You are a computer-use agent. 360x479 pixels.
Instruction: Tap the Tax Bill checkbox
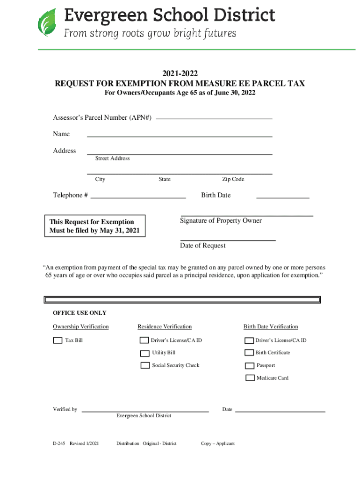coord(58,341)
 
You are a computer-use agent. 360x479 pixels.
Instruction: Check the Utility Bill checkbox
coord(145,353)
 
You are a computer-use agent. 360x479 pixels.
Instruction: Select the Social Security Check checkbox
coord(145,365)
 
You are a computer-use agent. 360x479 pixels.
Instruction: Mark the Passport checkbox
coord(249,366)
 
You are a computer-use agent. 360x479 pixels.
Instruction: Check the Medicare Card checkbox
coord(250,378)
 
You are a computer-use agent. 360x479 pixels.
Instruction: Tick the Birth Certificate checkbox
coord(249,353)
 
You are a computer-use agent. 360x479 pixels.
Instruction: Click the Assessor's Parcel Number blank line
coord(214,118)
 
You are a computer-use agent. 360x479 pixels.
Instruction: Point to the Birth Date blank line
coord(283,197)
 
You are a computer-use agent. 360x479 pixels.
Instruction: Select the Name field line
coord(180,136)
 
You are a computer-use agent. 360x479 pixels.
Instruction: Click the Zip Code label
coord(233,180)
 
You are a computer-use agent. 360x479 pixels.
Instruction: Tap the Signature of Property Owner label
coord(221,221)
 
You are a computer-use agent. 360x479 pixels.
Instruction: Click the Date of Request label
coord(202,246)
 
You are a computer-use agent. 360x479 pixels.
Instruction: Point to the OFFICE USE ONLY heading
coord(79,313)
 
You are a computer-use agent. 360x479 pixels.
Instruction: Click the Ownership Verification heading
coord(80,327)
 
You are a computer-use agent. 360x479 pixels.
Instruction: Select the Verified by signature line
coord(145,411)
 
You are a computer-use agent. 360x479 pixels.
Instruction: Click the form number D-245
coord(59,443)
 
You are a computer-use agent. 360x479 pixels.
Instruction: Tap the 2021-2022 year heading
coord(180,73)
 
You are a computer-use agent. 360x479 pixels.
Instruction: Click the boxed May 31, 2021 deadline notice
coord(94,226)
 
